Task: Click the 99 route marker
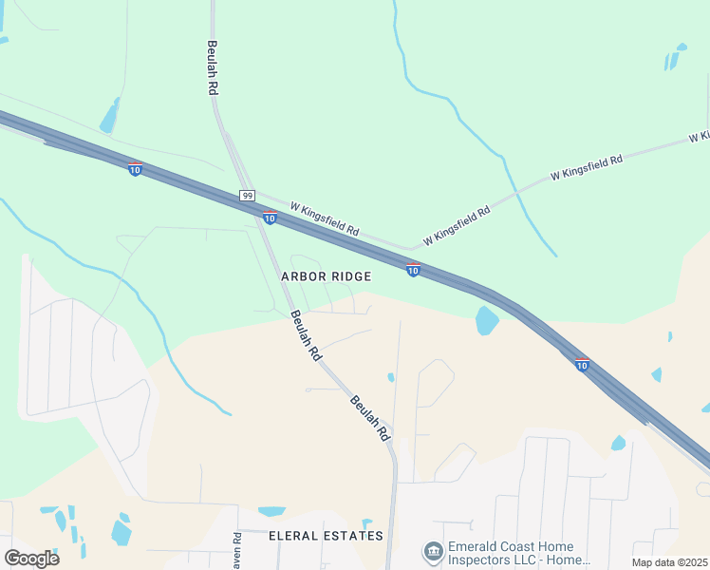[247, 195]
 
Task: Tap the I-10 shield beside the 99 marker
[270, 218]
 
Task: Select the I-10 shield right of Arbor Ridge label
[413, 270]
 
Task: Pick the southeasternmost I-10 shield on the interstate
[582, 363]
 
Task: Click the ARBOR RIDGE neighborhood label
[326, 275]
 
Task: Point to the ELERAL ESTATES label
[326, 536]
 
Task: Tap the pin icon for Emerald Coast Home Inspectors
[433, 552]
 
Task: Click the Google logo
[31, 558]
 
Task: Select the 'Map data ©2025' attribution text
[669, 562]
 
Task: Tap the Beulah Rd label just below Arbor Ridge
[306, 335]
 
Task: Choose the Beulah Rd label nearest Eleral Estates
[369, 418]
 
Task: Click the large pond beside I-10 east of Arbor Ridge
[487, 321]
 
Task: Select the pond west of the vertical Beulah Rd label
[109, 117]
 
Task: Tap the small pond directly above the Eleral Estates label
[271, 511]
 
